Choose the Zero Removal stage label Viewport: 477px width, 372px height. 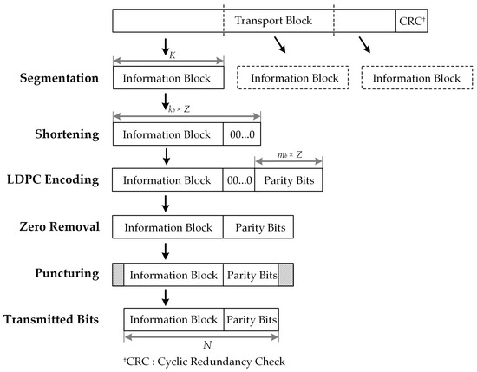point(59,227)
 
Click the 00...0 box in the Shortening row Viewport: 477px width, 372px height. point(241,135)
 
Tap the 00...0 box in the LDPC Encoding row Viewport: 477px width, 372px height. point(238,181)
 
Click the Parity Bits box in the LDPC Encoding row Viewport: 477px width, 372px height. point(288,181)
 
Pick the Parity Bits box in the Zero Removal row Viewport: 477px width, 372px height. point(258,227)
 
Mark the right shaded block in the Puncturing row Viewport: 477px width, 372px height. point(286,274)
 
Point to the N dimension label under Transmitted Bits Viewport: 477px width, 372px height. point(202,343)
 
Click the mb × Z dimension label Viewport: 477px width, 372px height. point(288,155)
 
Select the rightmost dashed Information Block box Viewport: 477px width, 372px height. point(416,78)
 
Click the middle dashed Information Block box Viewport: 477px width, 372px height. point(294,78)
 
